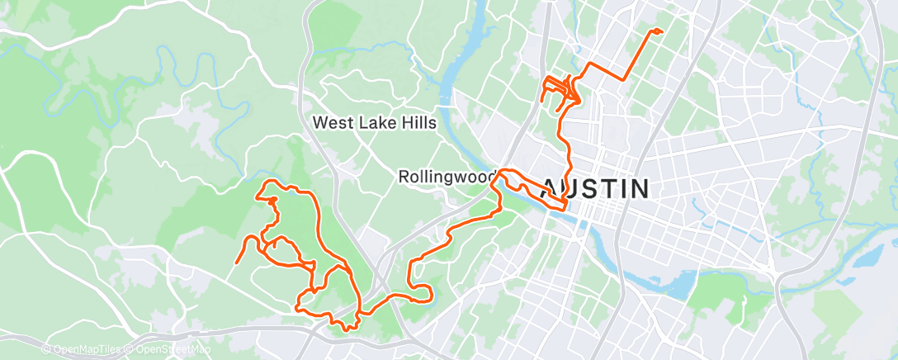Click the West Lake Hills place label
(x=374, y=122)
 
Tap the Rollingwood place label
(x=447, y=177)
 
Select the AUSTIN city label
(x=594, y=188)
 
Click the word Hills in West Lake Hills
(x=415, y=122)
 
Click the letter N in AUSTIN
(x=637, y=188)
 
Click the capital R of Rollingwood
(x=404, y=177)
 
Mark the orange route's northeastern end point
(x=659, y=31)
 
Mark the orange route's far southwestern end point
(x=237, y=263)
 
